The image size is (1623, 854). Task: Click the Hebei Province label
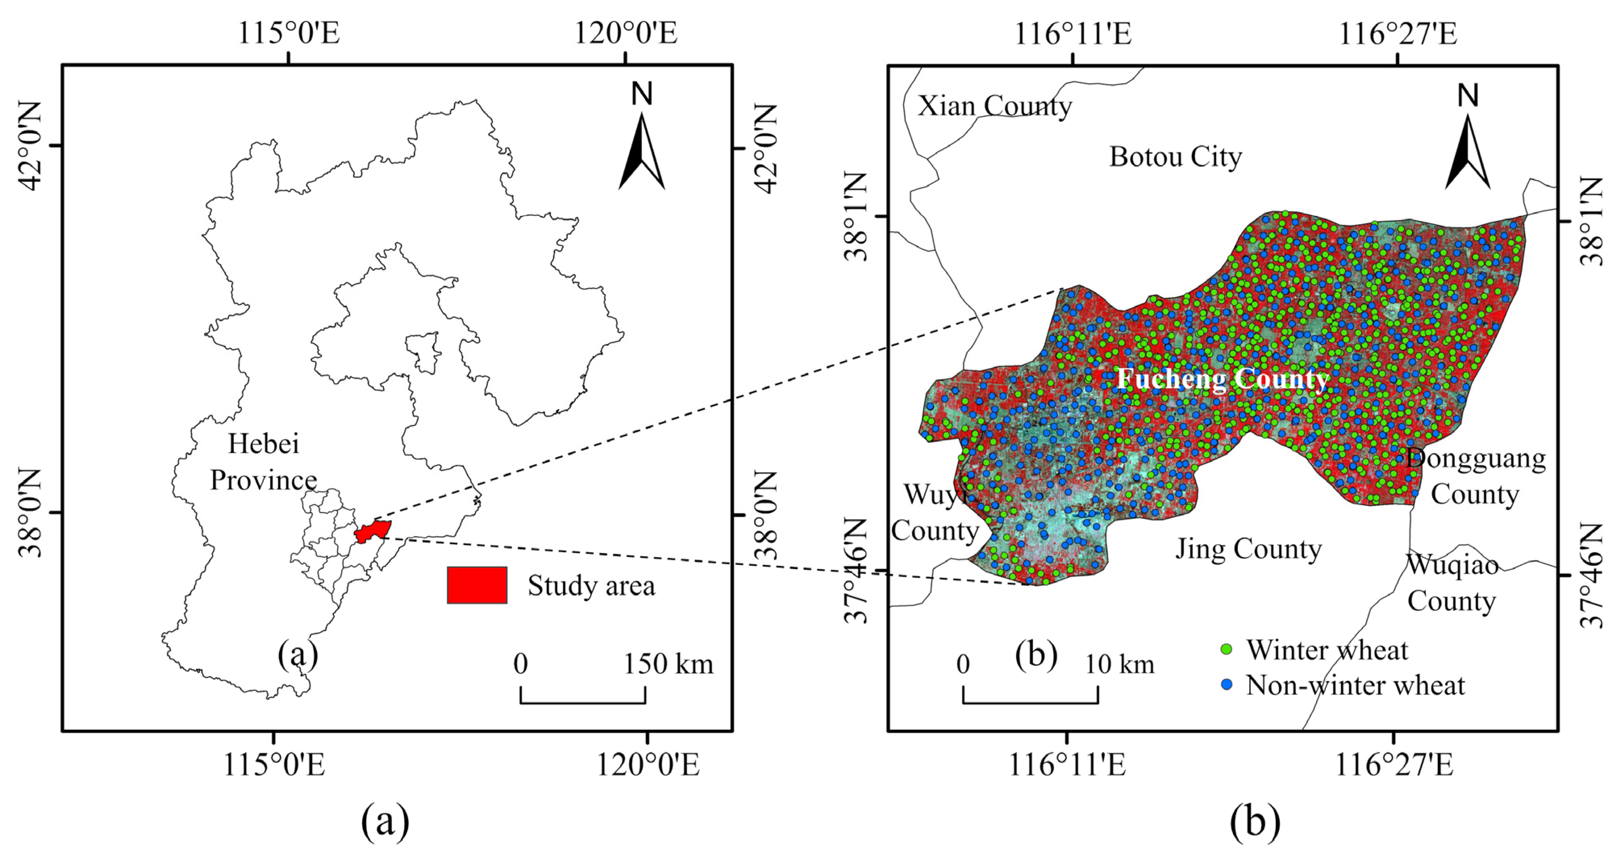click(263, 461)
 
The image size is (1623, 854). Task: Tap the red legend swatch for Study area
click(477, 585)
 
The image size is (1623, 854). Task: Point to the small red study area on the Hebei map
click(373, 531)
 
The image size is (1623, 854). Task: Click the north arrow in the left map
click(642, 151)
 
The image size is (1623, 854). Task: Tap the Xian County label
click(994, 106)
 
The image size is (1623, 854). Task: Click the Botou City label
click(1175, 157)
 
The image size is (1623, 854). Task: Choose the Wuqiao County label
click(1452, 582)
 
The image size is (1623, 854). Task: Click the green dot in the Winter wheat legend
click(1226, 649)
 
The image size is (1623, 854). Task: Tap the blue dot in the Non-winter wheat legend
click(1226, 684)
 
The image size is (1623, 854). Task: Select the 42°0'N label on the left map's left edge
click(30, 145)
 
